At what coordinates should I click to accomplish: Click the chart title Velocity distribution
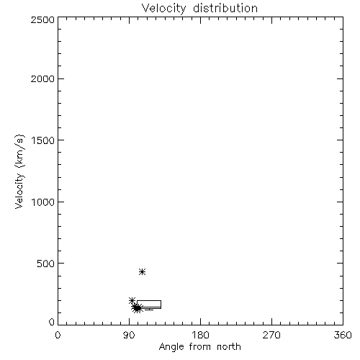[x=199, y=9]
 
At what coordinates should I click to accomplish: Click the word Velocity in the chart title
[x=163, y=9]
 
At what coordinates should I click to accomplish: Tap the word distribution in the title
[x=225, y=8]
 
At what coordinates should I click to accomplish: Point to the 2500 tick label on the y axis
[x=42, y=19]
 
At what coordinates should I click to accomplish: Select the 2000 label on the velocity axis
[x=42, y=78]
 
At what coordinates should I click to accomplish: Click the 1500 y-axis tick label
[x=43, y=140]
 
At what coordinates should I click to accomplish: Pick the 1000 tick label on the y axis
[x=43, y=202]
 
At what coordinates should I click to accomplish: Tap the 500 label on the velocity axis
[x=46, y=264]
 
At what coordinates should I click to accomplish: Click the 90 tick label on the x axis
[x=129, y=335]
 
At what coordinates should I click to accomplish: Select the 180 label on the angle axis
[x=200, y=335]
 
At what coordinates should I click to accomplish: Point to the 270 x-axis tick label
[x=271, y=335]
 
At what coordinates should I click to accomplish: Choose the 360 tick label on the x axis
[x=343, y=335]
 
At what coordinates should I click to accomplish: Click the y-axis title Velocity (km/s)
[x=19, y=171]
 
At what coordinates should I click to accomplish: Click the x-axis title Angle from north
[x=200, y=347]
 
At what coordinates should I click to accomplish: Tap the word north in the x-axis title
[x=229, y=346]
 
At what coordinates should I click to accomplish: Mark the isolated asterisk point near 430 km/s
[x=143, y=271]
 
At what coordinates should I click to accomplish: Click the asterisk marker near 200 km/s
[x=132, y=300]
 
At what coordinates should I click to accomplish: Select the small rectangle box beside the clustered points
[x=149, y=300]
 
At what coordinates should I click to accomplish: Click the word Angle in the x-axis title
[x=171, y=347]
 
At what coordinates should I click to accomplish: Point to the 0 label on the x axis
[x=58, y=335]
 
